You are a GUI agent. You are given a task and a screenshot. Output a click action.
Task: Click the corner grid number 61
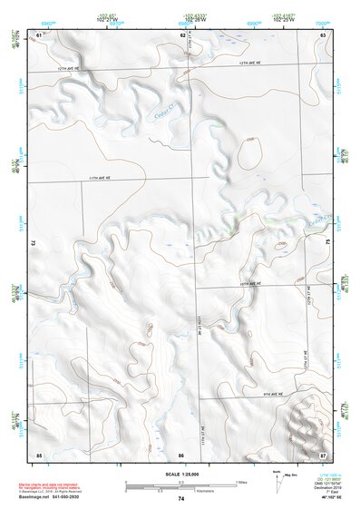[x=39, y=34]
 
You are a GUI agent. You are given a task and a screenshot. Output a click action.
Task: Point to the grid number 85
[x=39, y=454]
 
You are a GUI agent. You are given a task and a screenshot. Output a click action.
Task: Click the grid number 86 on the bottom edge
[x=181, y=454]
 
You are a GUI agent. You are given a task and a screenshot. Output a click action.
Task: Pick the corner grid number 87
[x=322, y=454]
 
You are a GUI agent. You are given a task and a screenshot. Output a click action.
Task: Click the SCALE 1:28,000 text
[x=180, y=473]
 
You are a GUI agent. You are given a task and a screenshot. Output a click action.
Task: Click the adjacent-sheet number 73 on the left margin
[x=33, y=243]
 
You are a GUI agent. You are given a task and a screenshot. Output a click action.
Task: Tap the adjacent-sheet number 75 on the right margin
[x=328, y=243]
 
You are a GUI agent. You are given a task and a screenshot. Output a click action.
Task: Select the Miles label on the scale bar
[x=240, y=481]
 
